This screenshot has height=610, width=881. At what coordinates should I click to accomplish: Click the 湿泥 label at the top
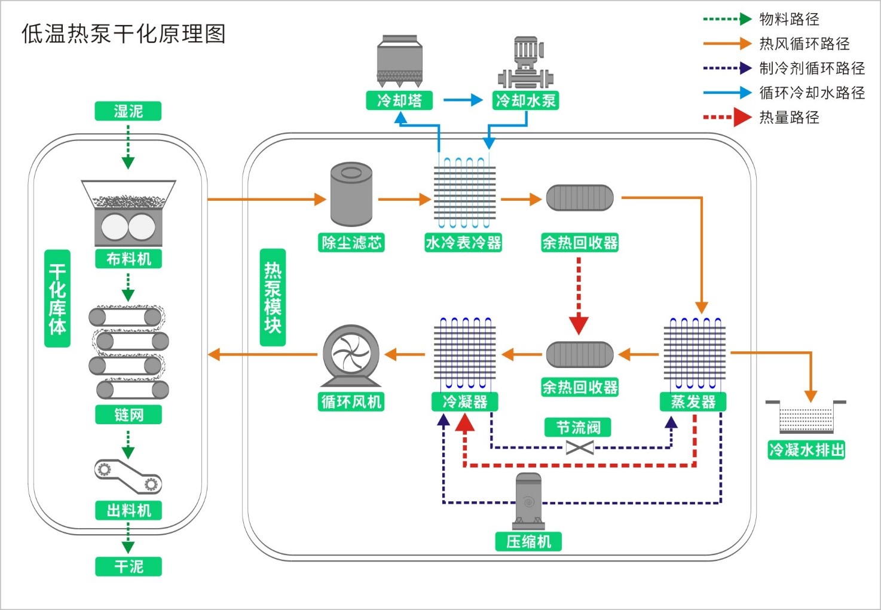[128, 111]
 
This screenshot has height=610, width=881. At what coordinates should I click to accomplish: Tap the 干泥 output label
[129, 566]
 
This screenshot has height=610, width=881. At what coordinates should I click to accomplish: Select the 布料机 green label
[129, 259]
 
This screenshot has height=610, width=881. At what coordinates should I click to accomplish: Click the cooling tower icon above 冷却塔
[400, 60]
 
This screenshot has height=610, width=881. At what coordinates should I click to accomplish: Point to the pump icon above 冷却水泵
[526, 63]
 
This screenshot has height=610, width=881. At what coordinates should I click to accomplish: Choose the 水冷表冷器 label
[463, 243]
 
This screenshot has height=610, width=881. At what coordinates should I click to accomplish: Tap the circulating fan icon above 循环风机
[351, 355]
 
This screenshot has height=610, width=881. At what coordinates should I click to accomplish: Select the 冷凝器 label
[464, 401]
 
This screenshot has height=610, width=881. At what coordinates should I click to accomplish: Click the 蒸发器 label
[693, 401]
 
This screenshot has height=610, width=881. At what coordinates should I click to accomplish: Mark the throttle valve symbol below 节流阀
[579, 447]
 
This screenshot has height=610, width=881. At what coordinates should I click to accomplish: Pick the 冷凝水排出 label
[806, 450]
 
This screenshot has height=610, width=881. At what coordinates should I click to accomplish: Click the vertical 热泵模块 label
[273, 298]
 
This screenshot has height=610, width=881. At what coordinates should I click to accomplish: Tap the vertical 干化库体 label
[57, 299]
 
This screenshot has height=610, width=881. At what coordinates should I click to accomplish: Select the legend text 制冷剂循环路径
[812, 68]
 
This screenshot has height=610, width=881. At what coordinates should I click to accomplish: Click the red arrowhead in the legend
[742, 117]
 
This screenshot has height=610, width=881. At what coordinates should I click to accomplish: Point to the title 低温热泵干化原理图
[124, 34]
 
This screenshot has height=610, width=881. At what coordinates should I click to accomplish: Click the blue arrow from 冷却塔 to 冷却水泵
[463, 100]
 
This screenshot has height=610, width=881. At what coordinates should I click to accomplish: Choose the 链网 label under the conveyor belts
[129, 415]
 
